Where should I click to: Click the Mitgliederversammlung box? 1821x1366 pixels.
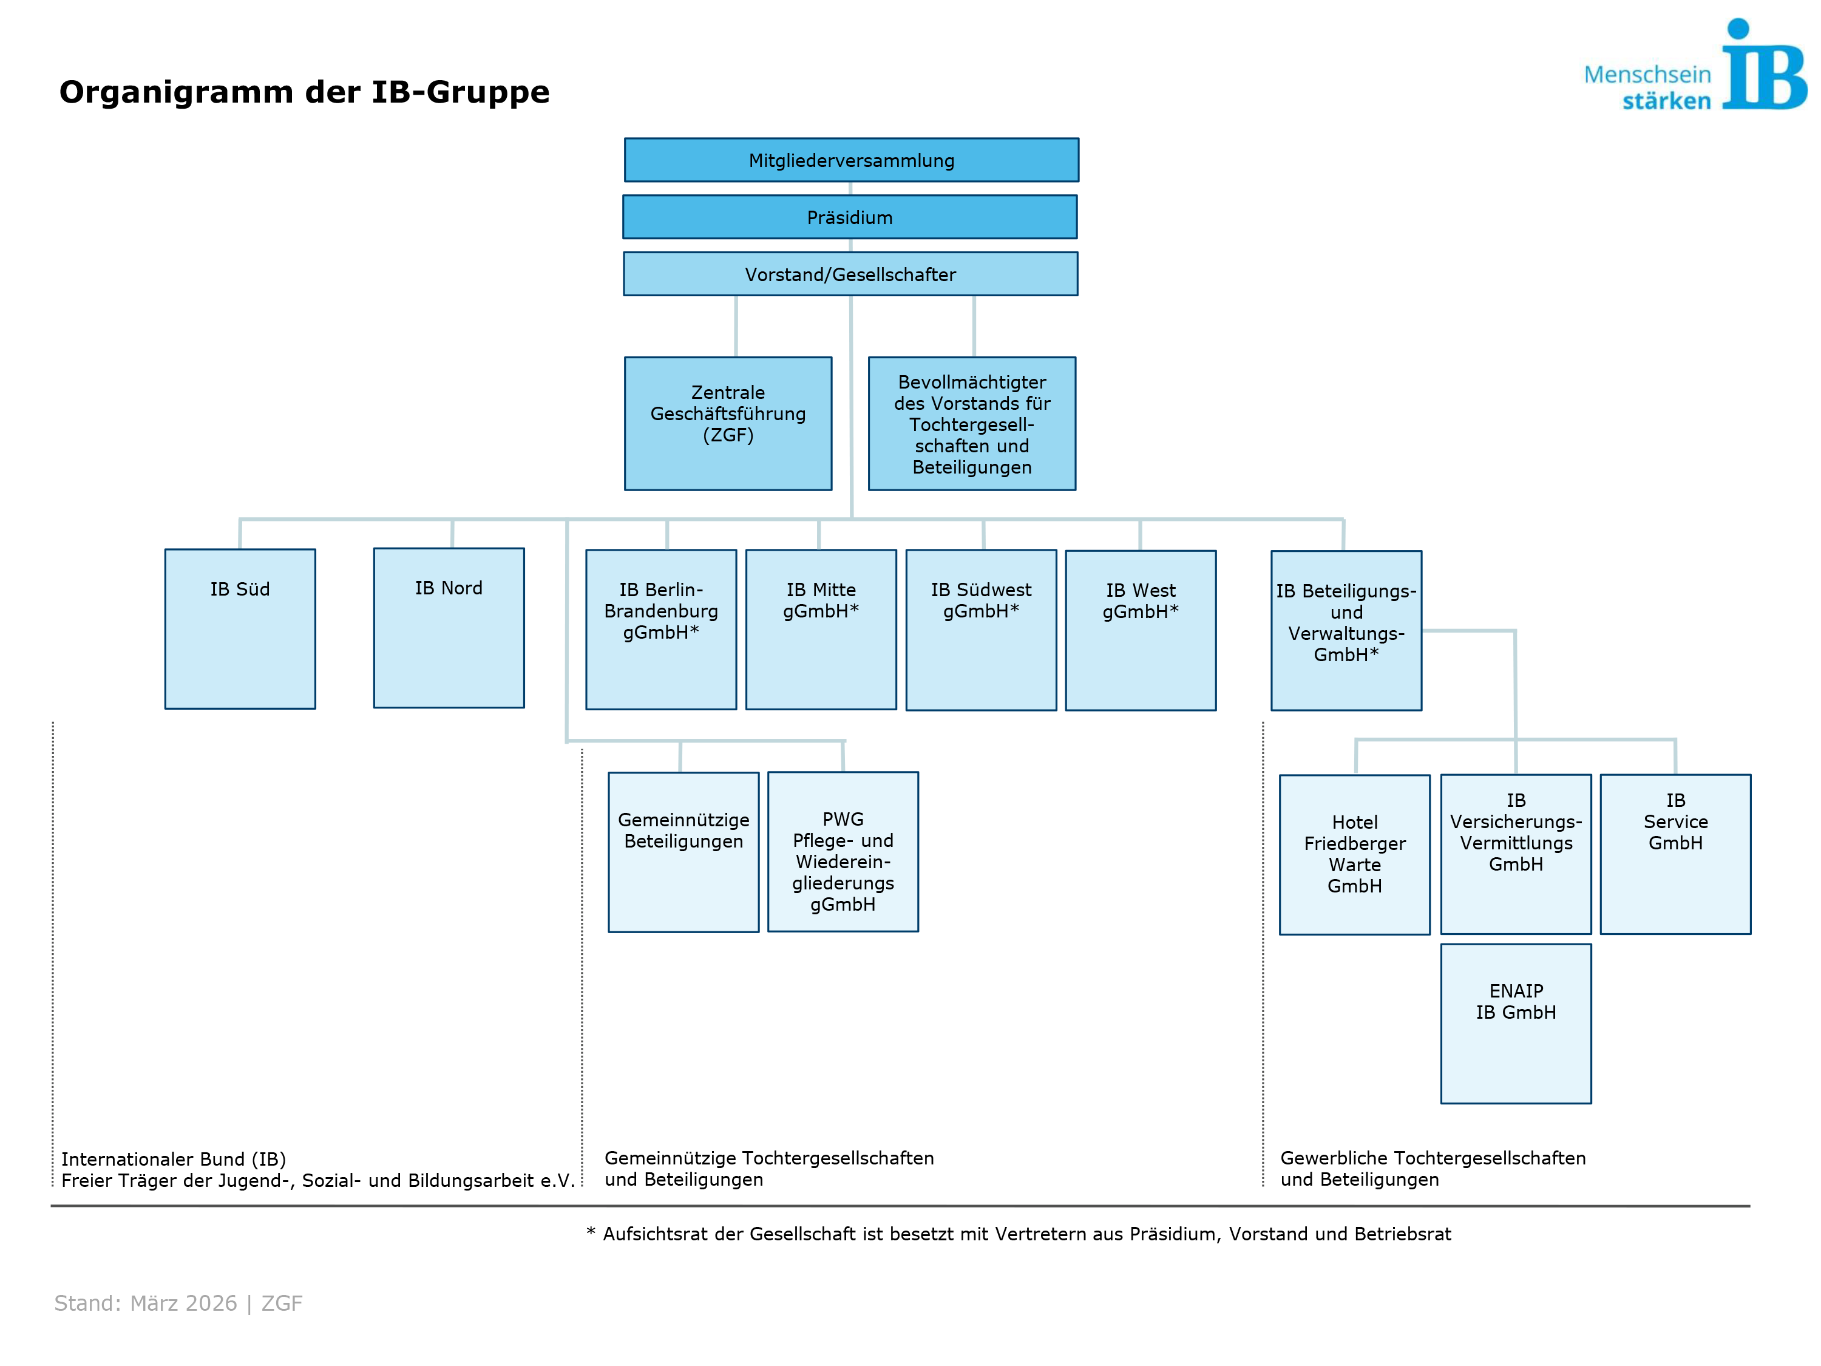(x=851, y=160)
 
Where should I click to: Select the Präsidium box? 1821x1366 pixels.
(x=850, y=217)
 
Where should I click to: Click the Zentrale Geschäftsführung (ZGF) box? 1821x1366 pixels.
(x=728, y=423)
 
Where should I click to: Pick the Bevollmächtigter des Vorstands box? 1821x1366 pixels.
(x=971, y=423)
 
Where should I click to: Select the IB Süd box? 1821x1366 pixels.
(x=240, y=628)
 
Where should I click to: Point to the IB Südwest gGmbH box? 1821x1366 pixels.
(x=980, y=630)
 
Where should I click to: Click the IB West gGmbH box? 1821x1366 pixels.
(x=1140, y=630)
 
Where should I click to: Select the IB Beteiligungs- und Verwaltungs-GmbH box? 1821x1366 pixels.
(x=1346, y=630)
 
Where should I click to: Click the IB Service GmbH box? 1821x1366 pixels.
(x=1675, y=853)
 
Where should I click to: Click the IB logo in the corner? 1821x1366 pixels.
(x=1762, y=66)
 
